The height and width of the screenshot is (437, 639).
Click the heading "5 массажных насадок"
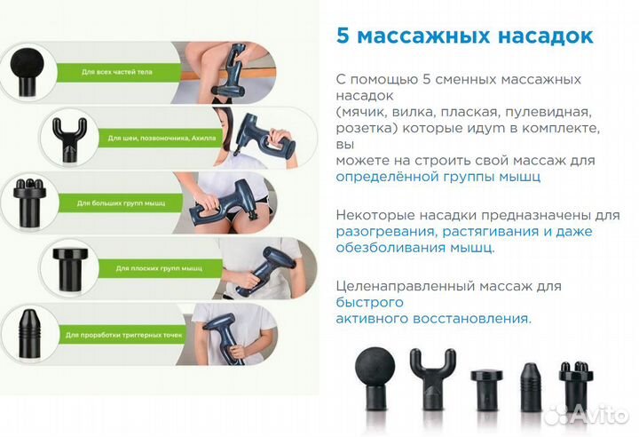click(x=465, y=36)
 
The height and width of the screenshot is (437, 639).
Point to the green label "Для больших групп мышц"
click(x=116, y=203)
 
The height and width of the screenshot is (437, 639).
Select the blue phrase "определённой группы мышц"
click(x=439, y=176)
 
